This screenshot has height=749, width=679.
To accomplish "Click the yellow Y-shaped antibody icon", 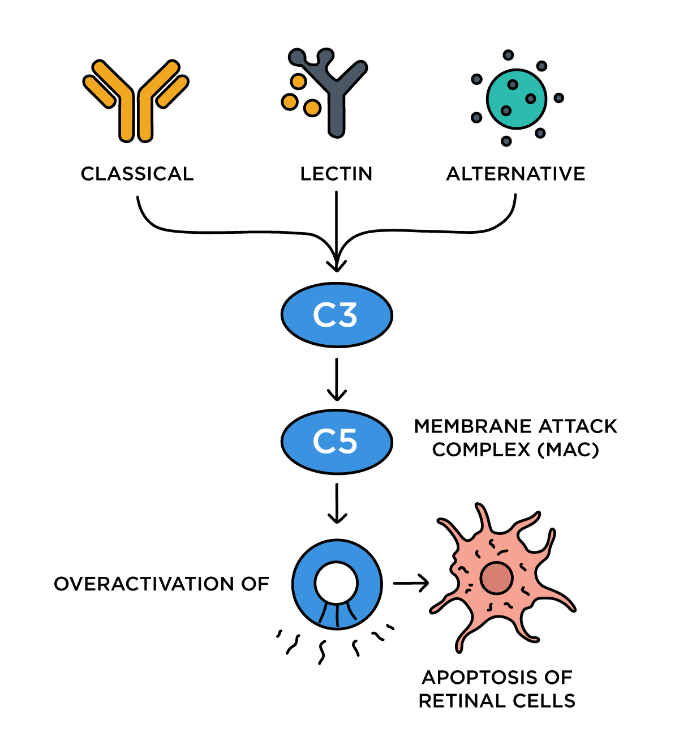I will click(x=136, y=102).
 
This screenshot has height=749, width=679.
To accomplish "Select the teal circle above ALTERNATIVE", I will click(x=517, y=99).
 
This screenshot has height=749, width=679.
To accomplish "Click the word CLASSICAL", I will click(x=137, y=174).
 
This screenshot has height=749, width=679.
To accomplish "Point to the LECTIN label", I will click(x=336, y=174).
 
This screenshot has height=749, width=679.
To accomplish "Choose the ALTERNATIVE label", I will click(x=515, y=174).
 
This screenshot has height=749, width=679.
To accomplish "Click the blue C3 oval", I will click(x=337, y=315).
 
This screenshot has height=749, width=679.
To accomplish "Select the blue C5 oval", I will click(x=337, y=442).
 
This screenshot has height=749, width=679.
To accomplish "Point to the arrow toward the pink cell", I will click(x=411, y=583).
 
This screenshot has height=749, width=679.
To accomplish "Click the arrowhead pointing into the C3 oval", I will click(x=337, y=263).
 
